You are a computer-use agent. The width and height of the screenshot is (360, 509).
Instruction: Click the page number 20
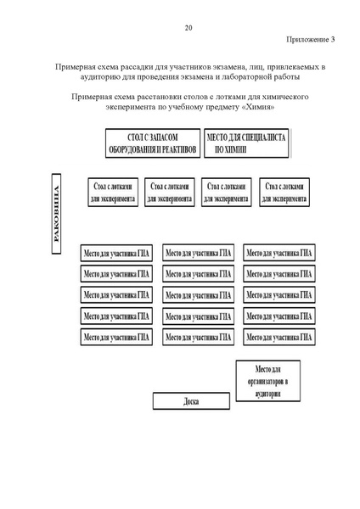pos(188,28)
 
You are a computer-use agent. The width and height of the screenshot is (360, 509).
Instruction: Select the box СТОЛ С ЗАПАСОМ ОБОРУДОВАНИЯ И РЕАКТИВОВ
pos(151,143)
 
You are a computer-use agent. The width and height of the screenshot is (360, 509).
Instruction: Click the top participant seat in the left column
pos(116,253)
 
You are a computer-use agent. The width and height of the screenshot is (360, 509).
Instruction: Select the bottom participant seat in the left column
pos(116,337)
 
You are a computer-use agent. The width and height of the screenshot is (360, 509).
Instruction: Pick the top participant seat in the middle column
pos(199,253)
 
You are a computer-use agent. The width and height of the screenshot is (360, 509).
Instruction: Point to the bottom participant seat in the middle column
pos(199,337)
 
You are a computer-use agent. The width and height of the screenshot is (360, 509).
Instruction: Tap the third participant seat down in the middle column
pos(199,294)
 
